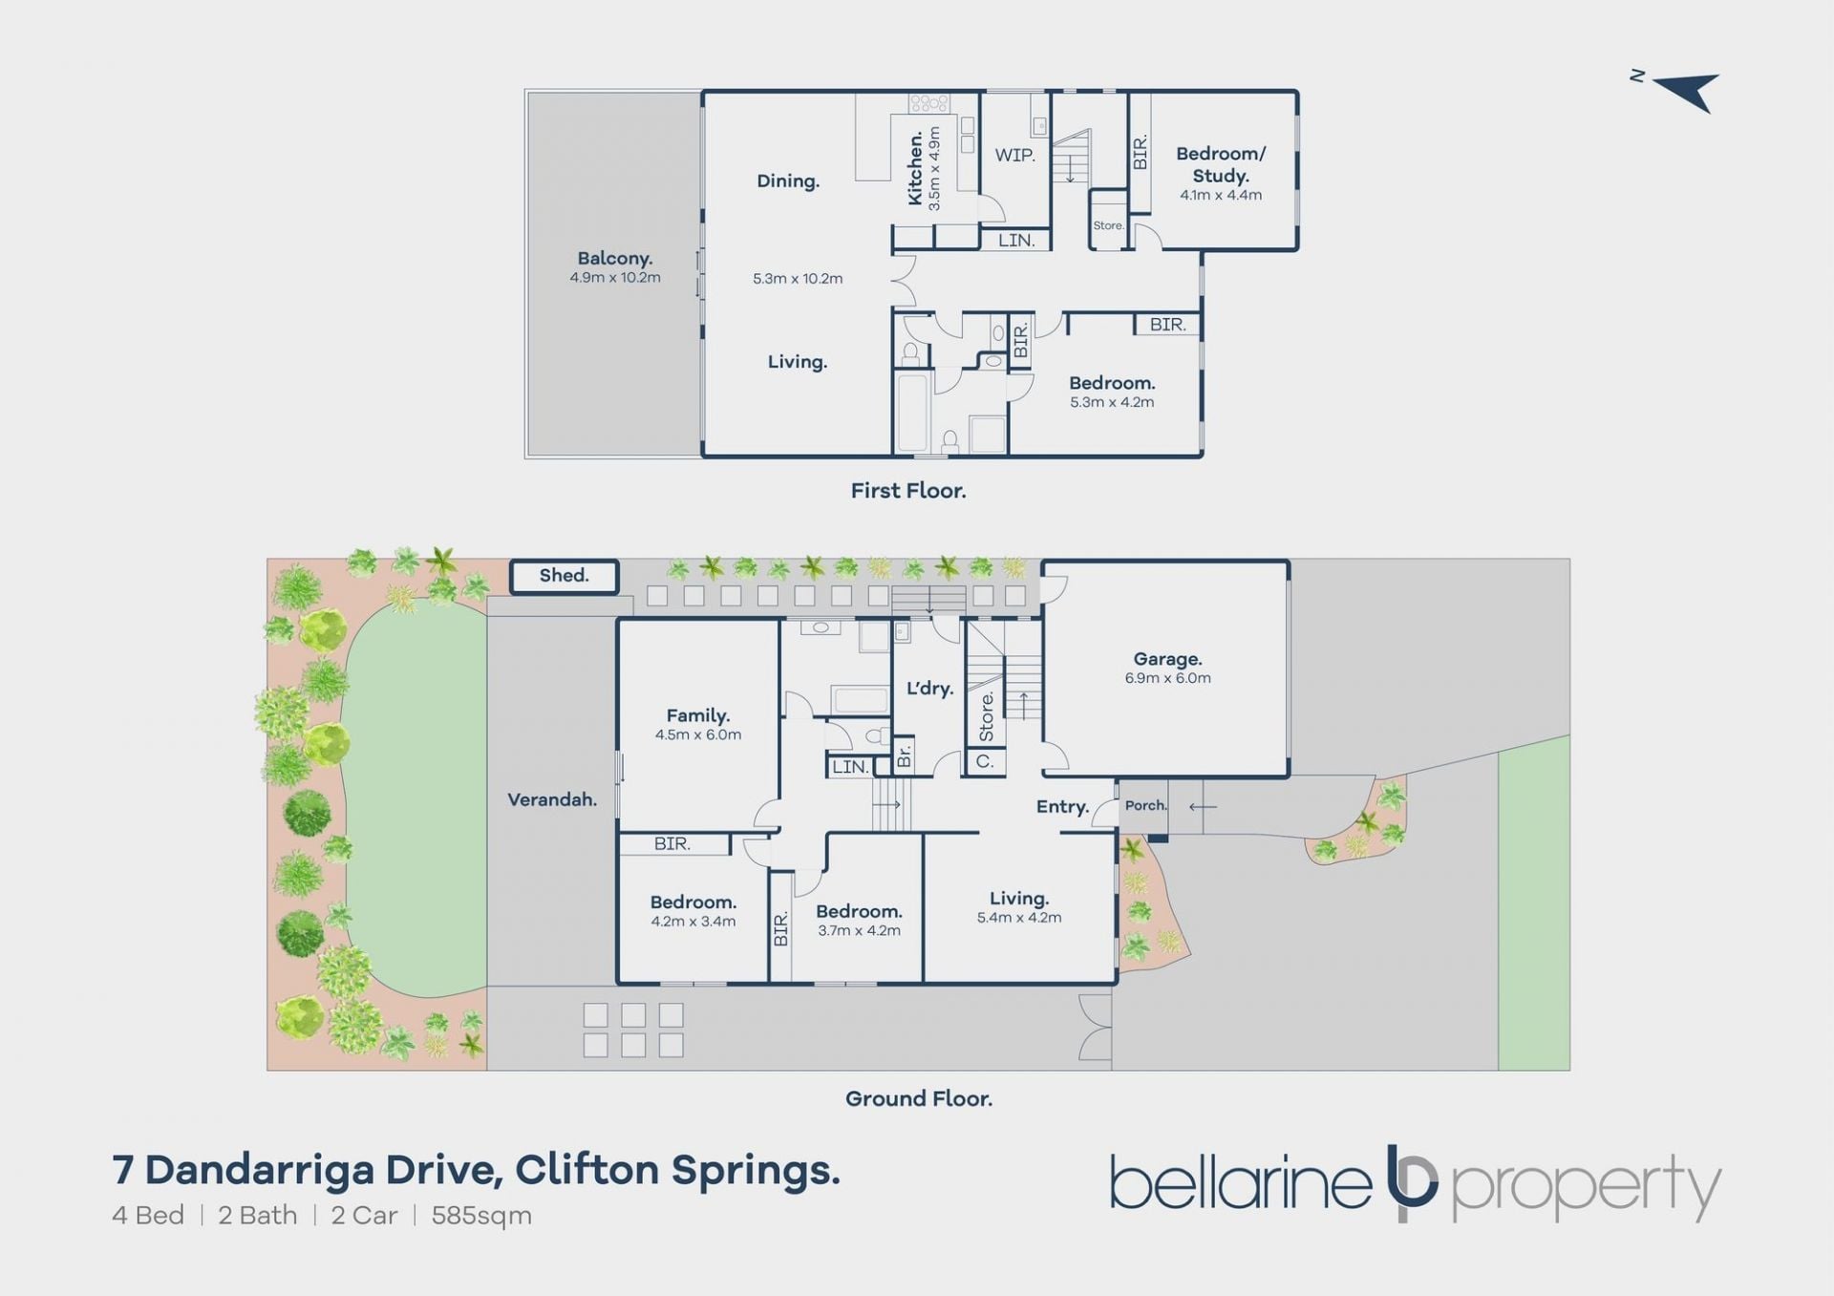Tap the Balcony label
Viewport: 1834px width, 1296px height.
[x=614, y=258]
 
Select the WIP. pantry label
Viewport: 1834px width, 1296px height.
[x=1014, y=155]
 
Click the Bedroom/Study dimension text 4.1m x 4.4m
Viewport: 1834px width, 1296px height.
[x=1221, y=195]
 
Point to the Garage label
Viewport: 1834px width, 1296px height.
[x=1167, y=659]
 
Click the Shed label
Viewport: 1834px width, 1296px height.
[x=564, y=575]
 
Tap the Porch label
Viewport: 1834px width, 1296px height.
[x=1145, y=805]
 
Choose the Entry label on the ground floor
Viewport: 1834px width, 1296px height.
[x=1062, y=807]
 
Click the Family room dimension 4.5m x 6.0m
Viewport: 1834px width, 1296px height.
[x=698, y=734]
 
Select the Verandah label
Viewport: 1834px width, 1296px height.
[x=552, y=799]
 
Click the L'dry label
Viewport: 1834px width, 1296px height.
[x=929, y=688]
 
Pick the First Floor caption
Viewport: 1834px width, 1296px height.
[x=908, y=490]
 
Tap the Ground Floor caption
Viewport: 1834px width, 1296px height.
[x=919, y=1098]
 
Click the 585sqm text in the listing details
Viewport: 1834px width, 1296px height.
[x=481, y=1216]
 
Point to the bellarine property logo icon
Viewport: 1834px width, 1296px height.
[x=1411, y=1182]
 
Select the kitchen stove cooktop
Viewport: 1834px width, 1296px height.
[x=928, y=103]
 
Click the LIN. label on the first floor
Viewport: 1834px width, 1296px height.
[x=1016, y=241]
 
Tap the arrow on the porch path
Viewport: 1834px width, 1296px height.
[x=1203, y=807]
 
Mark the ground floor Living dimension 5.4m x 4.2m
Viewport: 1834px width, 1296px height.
[x=1019, y=918]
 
